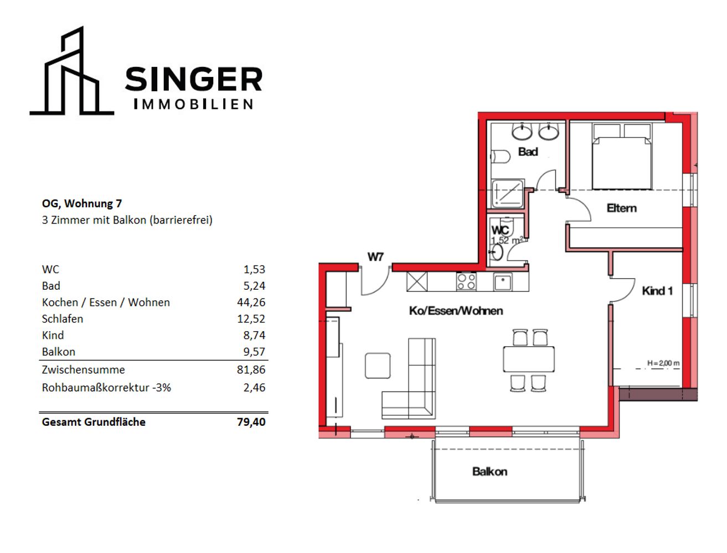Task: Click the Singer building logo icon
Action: tap(71, 71)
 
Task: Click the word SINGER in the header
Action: tap(194, 79)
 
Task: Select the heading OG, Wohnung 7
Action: tap(82, 204)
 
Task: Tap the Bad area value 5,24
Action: tap(254, 286)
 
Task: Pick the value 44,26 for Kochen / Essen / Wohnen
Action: tap(251, 302)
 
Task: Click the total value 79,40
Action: tap(251, 422)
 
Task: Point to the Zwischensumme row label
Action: tap(83, 369)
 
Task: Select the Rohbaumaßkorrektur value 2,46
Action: tap(254, 387)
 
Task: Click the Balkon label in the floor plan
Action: tap(489, 471)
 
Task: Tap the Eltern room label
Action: tap(621, 208)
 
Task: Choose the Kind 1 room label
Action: tap(657, 291)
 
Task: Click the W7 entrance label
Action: tap(375, 257)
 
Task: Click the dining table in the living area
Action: tap(529, 359)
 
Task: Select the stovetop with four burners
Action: tap(466, 282)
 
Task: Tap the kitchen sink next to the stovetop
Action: tap(502, 282)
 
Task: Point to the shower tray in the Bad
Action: tap(508, 194)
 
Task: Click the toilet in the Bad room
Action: tap(500, 156)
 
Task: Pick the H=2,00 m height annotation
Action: tap(663, 363)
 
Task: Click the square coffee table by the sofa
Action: tap(378, 366)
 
